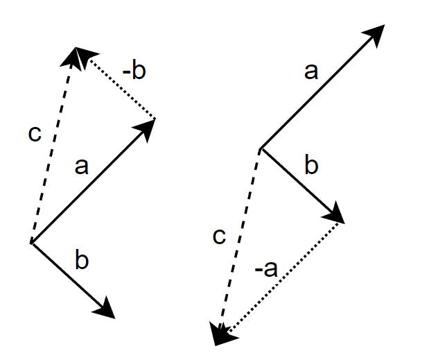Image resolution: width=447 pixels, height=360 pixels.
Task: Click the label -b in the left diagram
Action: point(134,71)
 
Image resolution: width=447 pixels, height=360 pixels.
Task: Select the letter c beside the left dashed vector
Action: point(35,133)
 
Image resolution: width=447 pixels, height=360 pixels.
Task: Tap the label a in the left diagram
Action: point(82,166)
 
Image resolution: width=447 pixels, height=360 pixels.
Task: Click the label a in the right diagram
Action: point(311,71)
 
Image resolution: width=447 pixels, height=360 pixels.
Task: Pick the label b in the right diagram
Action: point(311,164)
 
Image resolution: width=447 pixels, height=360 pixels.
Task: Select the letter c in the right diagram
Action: point(219,237)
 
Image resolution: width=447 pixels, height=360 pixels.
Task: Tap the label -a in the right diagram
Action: point(266,269)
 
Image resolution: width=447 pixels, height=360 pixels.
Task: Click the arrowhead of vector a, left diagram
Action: point(146,129)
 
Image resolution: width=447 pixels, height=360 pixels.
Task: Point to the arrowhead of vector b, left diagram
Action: point(105,309)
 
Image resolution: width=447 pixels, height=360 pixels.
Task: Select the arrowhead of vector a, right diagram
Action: point(375,35)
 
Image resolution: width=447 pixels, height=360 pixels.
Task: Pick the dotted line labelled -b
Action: point(123,89)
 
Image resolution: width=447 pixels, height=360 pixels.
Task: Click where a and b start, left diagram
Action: point(31,243)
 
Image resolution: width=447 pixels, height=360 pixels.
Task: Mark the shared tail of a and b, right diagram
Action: point(261,148)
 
